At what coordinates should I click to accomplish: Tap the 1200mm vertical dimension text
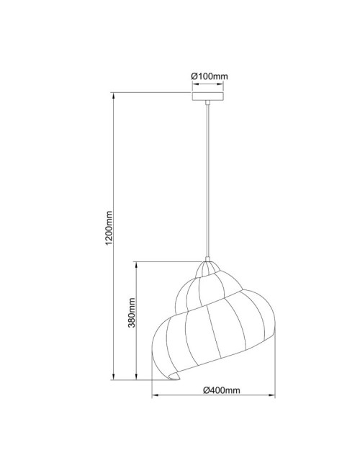click(109, 229)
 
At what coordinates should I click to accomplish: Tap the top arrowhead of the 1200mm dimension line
click(114, 94)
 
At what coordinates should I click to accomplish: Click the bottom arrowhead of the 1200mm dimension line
click(114, 377)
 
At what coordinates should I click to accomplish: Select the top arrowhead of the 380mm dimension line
click(137, 261)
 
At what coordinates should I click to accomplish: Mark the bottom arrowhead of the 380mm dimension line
click(137, 377)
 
